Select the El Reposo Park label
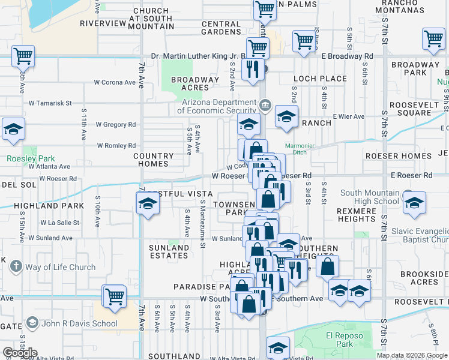coord(339,340)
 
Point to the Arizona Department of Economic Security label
coord(218,106)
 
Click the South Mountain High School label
coord(369,197)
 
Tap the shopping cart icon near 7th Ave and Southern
coord(113,296)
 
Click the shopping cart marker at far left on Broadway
coord(23,56)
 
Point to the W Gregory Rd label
coord(115,125)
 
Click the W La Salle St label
coord(60,223)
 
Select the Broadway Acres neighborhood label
coord(195,83)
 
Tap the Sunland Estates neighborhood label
coord(169,251)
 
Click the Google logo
coord(19,353)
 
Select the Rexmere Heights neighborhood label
coord(357,215)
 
